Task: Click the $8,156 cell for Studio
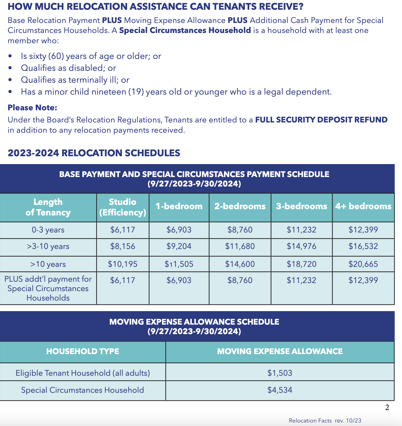pos(123,246)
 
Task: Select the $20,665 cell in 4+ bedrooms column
pos(363,264)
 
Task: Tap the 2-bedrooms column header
pos(240,207)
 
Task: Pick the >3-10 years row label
pos(48,247)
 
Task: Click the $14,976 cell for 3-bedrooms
pos(301,246)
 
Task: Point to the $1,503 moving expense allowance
pos(280,373)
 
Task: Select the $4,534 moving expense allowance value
pos(280,390)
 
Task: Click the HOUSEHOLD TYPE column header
pos(83,351)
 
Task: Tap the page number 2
pos(387,407)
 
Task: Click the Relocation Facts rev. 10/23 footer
pos(325,421)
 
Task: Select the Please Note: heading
pos(32,108)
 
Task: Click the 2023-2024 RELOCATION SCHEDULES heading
pos(94,153)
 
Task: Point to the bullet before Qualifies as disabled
pos(10,68)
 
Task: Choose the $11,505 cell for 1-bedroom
pos(179,264)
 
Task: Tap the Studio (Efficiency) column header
pos(123,207)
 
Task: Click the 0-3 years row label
pos(48,230)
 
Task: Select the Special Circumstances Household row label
pos(82,390)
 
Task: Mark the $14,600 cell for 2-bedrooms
pos(240,264)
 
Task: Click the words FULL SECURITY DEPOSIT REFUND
pos(321,120)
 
